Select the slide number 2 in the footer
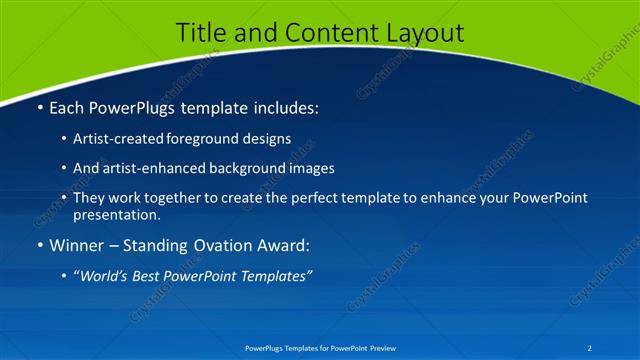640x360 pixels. [589, 348]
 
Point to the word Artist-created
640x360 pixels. [127, 138]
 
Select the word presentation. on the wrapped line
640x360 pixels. [117, 214]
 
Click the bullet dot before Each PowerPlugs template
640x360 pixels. [40, 107]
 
